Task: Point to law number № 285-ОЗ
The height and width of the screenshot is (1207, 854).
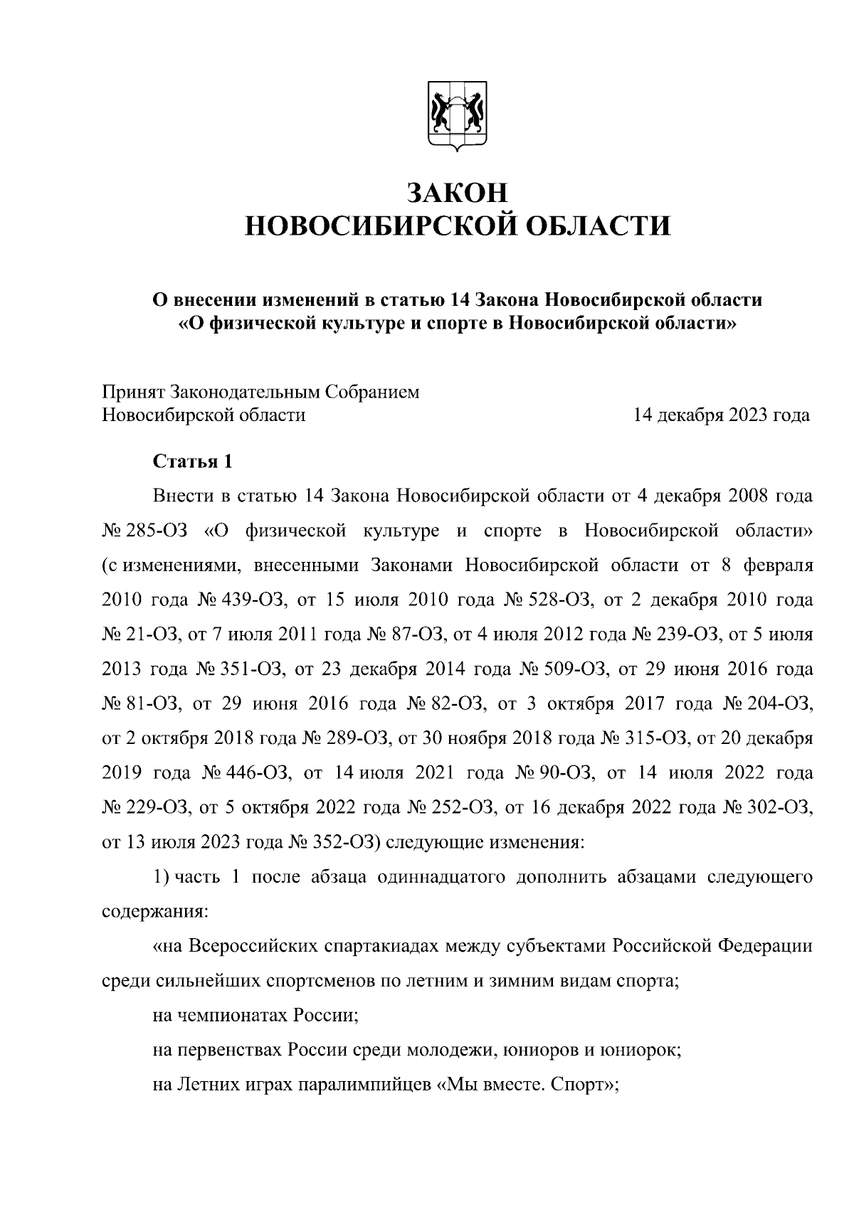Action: [144, 531]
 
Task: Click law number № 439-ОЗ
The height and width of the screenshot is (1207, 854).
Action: [240, 600]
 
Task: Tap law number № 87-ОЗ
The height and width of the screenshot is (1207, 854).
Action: [408, 635]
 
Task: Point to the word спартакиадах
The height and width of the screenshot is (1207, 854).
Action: [381, 947]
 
